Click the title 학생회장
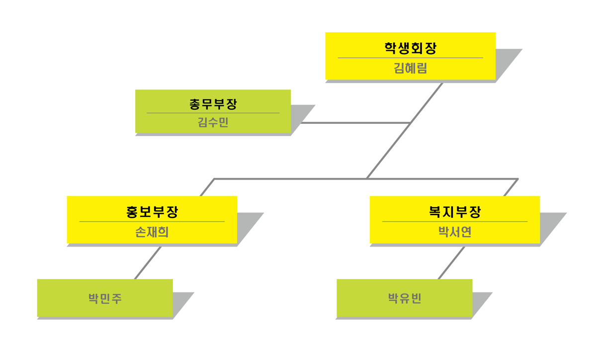pos(410,48)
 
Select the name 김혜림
pos(410,68)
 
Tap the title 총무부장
pos(213,104)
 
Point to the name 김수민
pos(213,122)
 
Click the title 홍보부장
pos(152,212)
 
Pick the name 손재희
pos(152,232)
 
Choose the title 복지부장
pos(454,212)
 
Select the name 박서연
pos(454,232)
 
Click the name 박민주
pos(105,298)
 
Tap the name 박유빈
pos(404,298)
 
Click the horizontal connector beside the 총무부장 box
pos(355,123)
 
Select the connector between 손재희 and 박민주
pos(148,263)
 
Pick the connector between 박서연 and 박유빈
pos(451,263)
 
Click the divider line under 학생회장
pos(410,58)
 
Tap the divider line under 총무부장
pos(213,113)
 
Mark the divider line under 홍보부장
pos(152,221)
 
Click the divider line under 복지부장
pos(454,221)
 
